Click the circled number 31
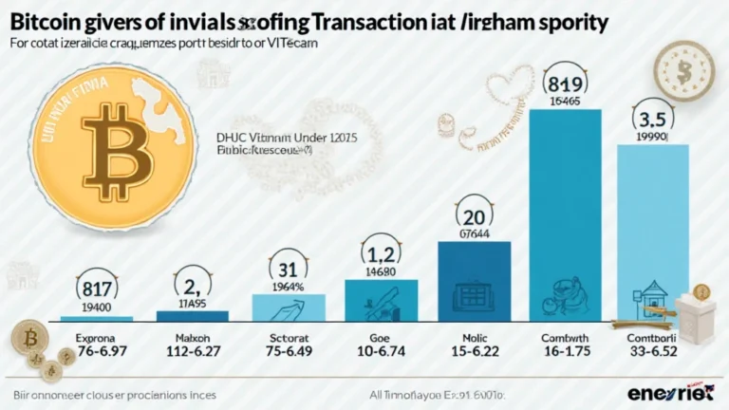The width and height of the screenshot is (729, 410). (x=290, y=268)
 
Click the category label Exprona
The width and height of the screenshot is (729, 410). (x=97, y=339)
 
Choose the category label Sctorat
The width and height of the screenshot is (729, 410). (x=290, y=339)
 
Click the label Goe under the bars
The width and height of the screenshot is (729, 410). (x=382, y=339)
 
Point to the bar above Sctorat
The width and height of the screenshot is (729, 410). (x=290, y=306)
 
